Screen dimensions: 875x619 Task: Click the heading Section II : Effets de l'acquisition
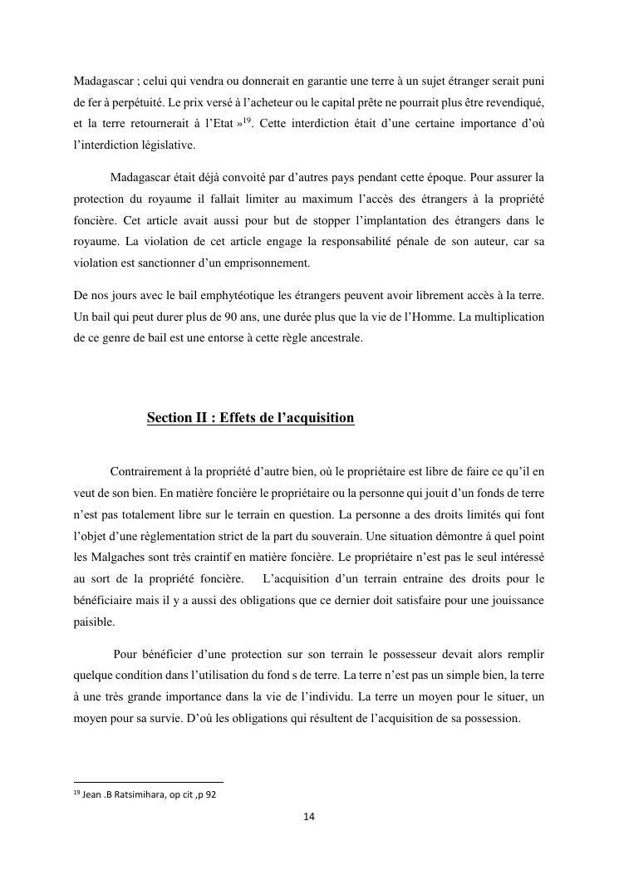[250, 418]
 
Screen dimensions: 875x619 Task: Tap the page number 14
[309, 817]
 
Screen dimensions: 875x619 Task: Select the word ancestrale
[335, 339]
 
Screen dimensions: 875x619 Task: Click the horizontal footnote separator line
[149, 782]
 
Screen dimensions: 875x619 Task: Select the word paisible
[95, 622]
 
